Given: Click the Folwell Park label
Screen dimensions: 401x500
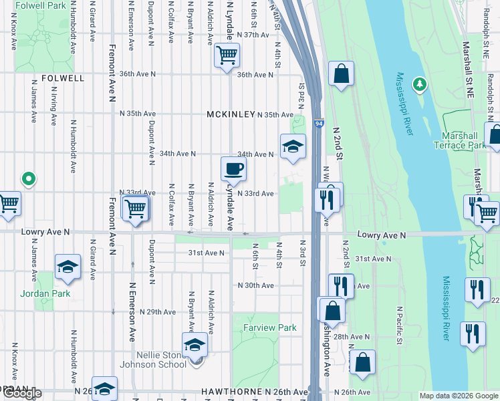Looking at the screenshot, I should point(41,5).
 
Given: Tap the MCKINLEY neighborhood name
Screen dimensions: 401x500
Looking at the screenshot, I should point(231,114).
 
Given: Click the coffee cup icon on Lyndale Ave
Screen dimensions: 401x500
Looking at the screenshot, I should point(233,168).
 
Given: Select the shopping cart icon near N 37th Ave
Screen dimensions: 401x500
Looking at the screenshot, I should point(227,55).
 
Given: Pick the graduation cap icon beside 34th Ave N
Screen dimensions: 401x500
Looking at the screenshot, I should point(292,146).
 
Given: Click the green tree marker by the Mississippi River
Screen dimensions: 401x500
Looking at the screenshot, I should point(419,84).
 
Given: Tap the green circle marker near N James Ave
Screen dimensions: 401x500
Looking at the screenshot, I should point(28,179).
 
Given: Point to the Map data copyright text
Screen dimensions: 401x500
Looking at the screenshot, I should point(459,396).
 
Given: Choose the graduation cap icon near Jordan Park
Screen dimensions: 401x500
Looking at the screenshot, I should point(68,267).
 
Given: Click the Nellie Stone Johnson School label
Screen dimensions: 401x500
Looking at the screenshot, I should point(153,360).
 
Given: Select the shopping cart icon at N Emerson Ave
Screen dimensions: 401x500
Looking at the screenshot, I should point(135,208).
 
